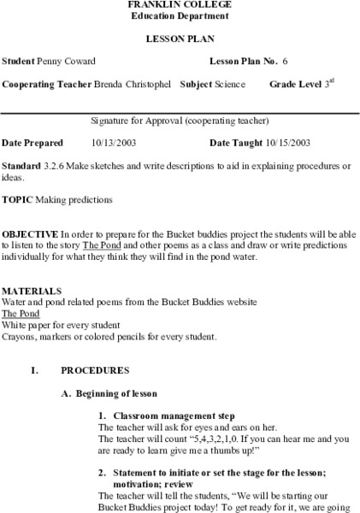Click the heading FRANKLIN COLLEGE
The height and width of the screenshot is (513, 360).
pyautogui.click(x=180, y=4)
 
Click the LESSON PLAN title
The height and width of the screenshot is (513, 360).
pyautogui.click(x=180, y=39)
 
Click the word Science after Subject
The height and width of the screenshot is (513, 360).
pyautogui.click(x=229, y=85)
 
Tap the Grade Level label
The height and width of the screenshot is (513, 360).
pyautogui.click(x=296, y=85)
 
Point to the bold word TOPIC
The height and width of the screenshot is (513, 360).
pyautogui.click(x=18, y=198)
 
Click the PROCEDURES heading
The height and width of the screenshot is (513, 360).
pyautogui.click(x=94, y=371)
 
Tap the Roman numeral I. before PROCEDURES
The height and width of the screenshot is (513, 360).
pyautogui.click(x=34, y=371)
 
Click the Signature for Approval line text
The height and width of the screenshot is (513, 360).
pyautogui.click(x=180, y=120)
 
